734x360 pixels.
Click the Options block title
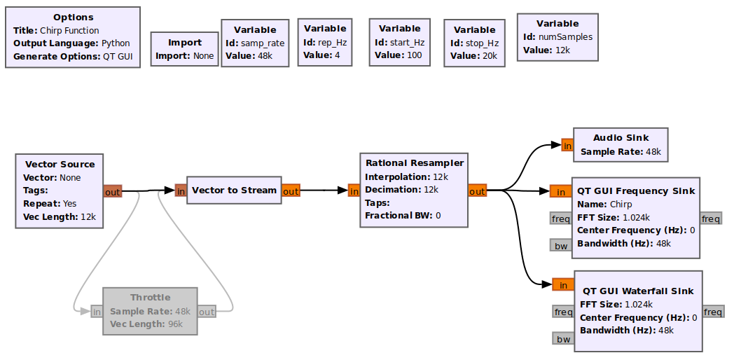(73, 18)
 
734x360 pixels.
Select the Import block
(185, 49)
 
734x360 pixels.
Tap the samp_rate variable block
(255, 43)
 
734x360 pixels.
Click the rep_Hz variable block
(325, 42)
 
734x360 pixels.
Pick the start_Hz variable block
(399, 42)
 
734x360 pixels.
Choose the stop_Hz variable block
(474, 43)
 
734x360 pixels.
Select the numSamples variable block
(558, 36)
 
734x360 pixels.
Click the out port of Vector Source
(113, 191)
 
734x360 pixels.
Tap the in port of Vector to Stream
(181, 191)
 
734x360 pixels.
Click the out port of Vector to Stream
(291, 191)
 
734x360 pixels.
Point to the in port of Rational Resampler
(354, 191)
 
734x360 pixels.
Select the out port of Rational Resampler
(477, 191)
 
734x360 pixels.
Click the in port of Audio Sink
(567, 146)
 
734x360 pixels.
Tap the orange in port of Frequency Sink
(560, 192)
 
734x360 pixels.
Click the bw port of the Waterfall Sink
(562, 339)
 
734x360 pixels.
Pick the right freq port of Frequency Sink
(711, 219)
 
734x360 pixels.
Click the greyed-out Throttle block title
(150, 298)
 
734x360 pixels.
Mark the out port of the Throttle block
(207, 312)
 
